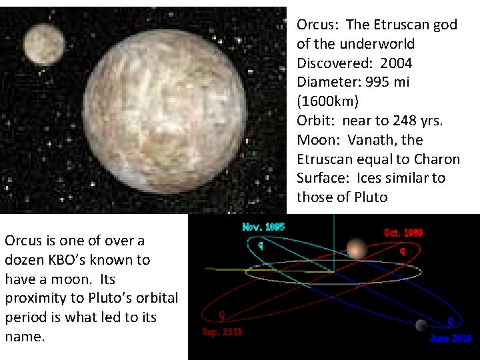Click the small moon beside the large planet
click(44, 45)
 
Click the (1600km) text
click(327, 101)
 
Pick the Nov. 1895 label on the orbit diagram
click(263, 227)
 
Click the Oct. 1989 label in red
click(403, 233)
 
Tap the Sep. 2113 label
click(222, 331)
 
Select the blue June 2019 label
click(451, 339)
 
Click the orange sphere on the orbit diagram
click(357, 249)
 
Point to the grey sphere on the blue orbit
click(421, 325)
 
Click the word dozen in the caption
click(25, 260)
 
